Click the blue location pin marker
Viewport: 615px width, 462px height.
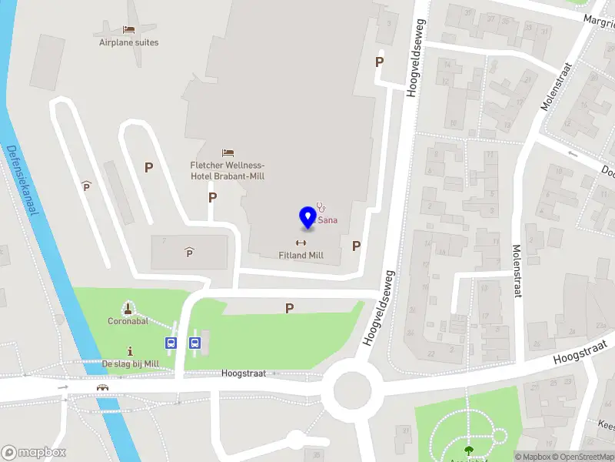[x=307, y=216]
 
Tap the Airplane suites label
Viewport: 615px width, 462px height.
[x=128, y=42]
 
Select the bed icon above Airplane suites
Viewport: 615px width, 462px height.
[x=128, y=29]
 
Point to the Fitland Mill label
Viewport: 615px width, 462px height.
[x=301, y=255]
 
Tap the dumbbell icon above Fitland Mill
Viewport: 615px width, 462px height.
[x=301, y=243]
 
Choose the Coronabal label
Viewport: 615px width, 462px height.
[x=128, y=321]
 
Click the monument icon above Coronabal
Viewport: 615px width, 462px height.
[x=128, y=308]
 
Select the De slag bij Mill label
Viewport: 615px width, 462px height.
[x=130, y=363]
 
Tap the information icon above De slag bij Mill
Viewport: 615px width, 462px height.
[x=130, y=350]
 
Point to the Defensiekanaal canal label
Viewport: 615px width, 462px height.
[x=21, y=180]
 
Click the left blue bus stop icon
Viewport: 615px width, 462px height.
[x=171, y=343]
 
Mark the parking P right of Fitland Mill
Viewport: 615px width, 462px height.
[x=356, y=246]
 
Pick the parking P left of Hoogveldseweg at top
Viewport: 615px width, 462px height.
[x=379, y=62]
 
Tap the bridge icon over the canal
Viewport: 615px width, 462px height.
[x=102, y=387]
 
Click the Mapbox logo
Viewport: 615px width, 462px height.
[x=34, y=453]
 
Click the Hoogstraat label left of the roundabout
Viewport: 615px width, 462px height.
[x=243, y=373]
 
